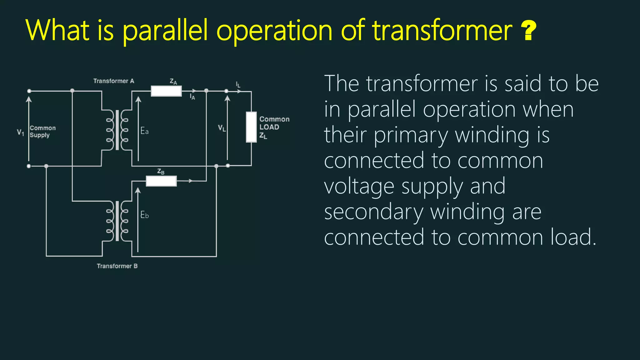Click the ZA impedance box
[166, 91]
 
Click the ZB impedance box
[161, 181]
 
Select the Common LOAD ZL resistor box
[251, 127]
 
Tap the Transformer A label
[114, 81]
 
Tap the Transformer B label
[117, 266]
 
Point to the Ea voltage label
[144, 131]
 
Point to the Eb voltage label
[144, 215]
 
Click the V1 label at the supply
[20, 132]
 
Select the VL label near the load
[222, 128]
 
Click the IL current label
[238, 84]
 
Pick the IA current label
[192, 97]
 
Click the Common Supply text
[42, 132]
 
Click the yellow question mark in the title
[529, 30]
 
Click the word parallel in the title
[165, 31]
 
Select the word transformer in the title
[442, 30]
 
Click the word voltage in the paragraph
[359, 187]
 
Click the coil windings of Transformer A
[117, 130]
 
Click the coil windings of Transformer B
[117, 221]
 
